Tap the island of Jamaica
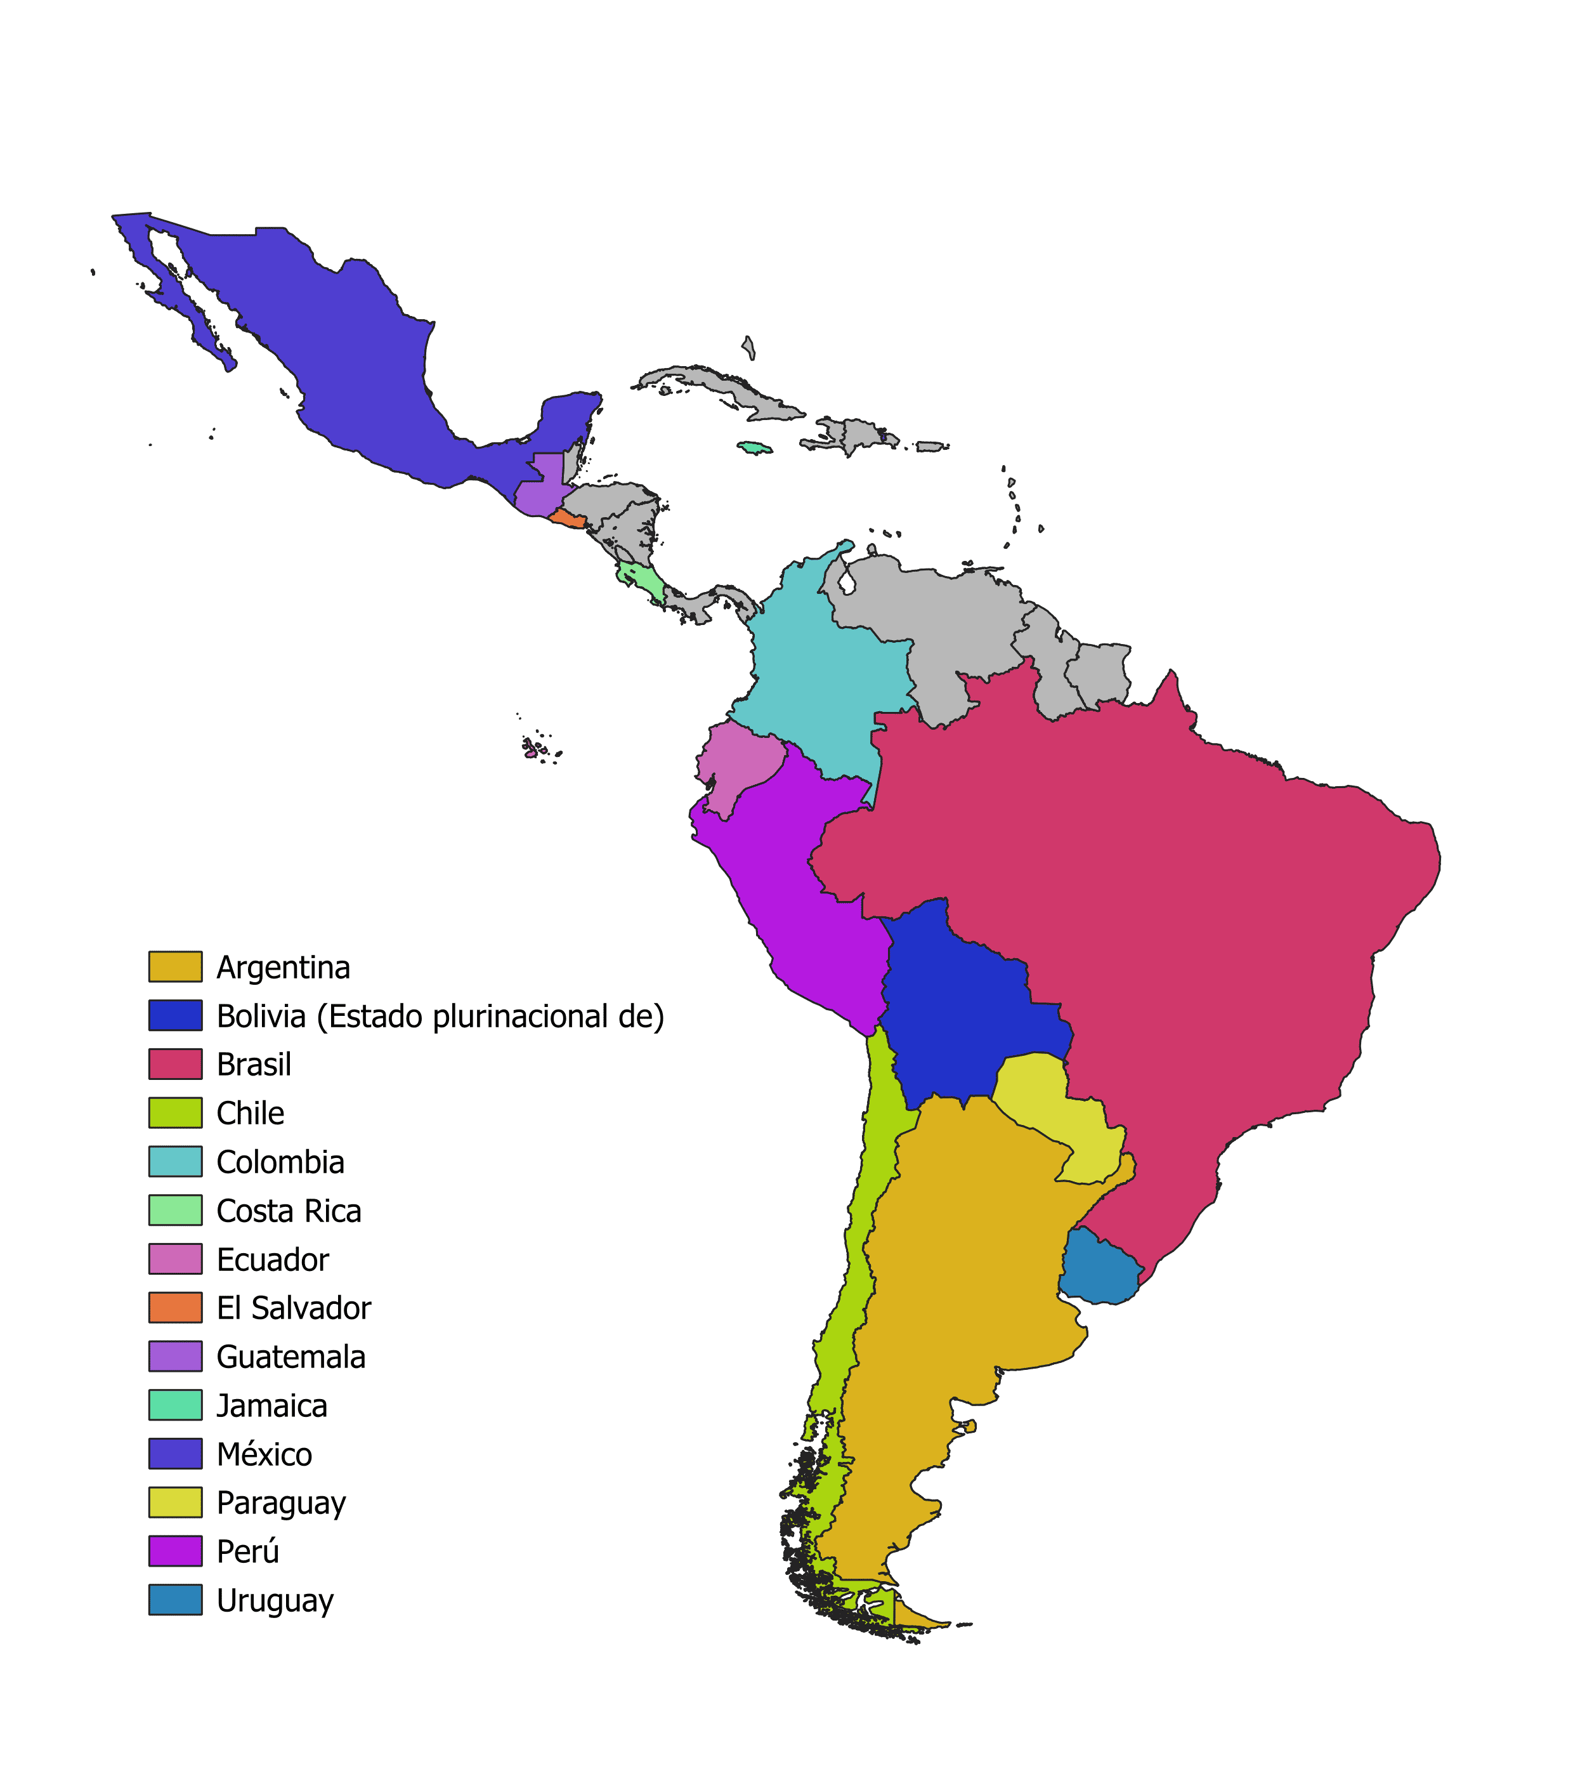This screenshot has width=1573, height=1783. click(x=755, y=447)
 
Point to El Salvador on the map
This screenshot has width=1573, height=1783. click(x=568, y=518)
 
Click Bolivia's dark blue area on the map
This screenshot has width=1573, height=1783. click(x=959, y=1012)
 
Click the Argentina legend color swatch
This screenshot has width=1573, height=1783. click(x=175, y=966)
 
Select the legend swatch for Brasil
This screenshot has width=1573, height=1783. click(x=175, y=1064)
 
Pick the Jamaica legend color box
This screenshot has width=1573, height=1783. click(x=175, y=1405)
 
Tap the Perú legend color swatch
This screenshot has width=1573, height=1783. click(x=175, y=1551)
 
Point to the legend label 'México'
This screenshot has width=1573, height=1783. click(x=264, y=1454)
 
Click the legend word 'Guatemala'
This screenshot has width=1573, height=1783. click(x=290, y=1357)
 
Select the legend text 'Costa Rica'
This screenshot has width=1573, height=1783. click(x=289, y=1211)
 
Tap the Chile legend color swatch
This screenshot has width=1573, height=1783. click(x=175, y=1113)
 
